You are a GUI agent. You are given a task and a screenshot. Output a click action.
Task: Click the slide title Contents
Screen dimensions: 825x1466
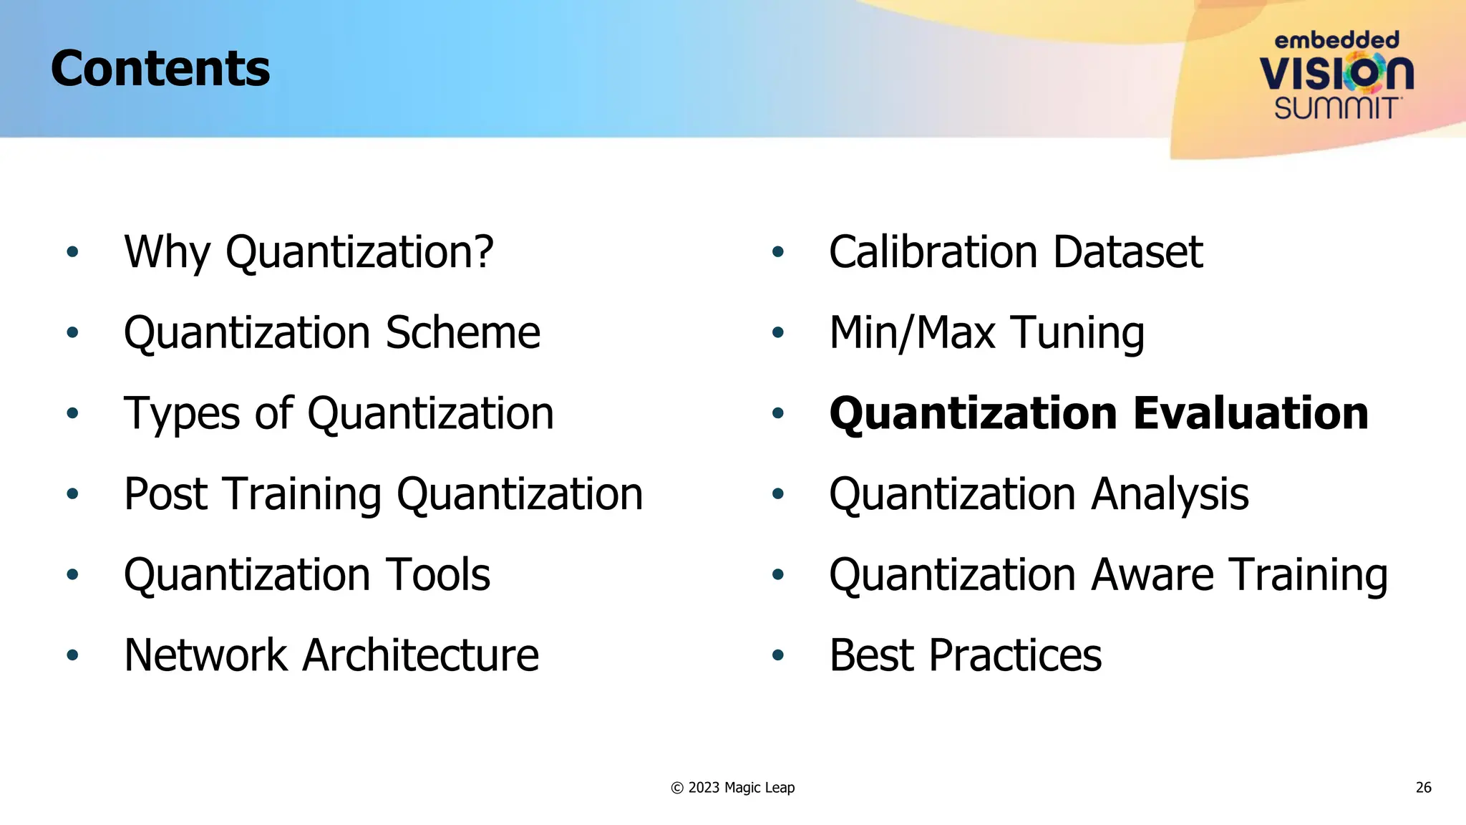coord(160,69)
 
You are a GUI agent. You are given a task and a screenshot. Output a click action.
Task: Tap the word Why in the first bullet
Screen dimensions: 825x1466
coord(167,252)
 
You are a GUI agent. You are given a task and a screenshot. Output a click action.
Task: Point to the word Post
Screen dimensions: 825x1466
coord(165,494)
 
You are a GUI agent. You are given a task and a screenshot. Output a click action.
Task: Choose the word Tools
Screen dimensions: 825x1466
coord(438,575)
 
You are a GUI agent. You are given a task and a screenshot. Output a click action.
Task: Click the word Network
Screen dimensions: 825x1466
coord(205,655)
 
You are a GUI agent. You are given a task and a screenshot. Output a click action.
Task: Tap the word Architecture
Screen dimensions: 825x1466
coord(420,655)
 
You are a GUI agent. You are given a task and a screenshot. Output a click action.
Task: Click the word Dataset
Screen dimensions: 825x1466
coord(1127,252)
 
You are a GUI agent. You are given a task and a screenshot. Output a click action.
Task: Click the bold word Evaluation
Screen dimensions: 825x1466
coord(1251,414)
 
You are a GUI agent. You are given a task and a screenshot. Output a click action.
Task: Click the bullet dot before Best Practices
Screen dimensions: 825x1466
coord(778,655)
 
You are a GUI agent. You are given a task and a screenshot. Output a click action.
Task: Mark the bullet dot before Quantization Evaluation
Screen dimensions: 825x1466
coord(778,413)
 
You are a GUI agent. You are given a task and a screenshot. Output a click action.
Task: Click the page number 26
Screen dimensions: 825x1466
coord(1423,788)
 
